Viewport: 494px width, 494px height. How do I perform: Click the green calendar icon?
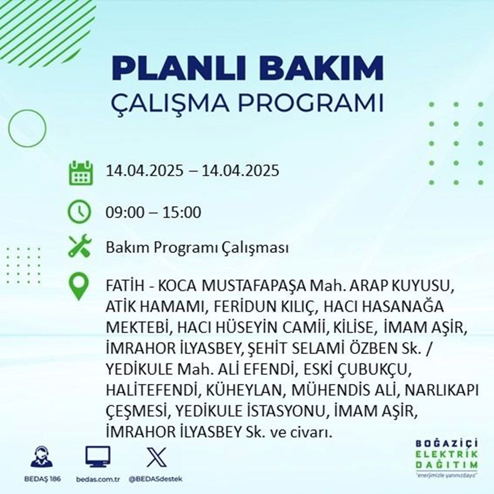point(80,172)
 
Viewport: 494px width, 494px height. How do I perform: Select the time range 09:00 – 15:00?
point(154,213)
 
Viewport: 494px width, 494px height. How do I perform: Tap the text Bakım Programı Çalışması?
point(197,248)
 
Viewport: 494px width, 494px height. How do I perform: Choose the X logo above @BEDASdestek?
point(154,456)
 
